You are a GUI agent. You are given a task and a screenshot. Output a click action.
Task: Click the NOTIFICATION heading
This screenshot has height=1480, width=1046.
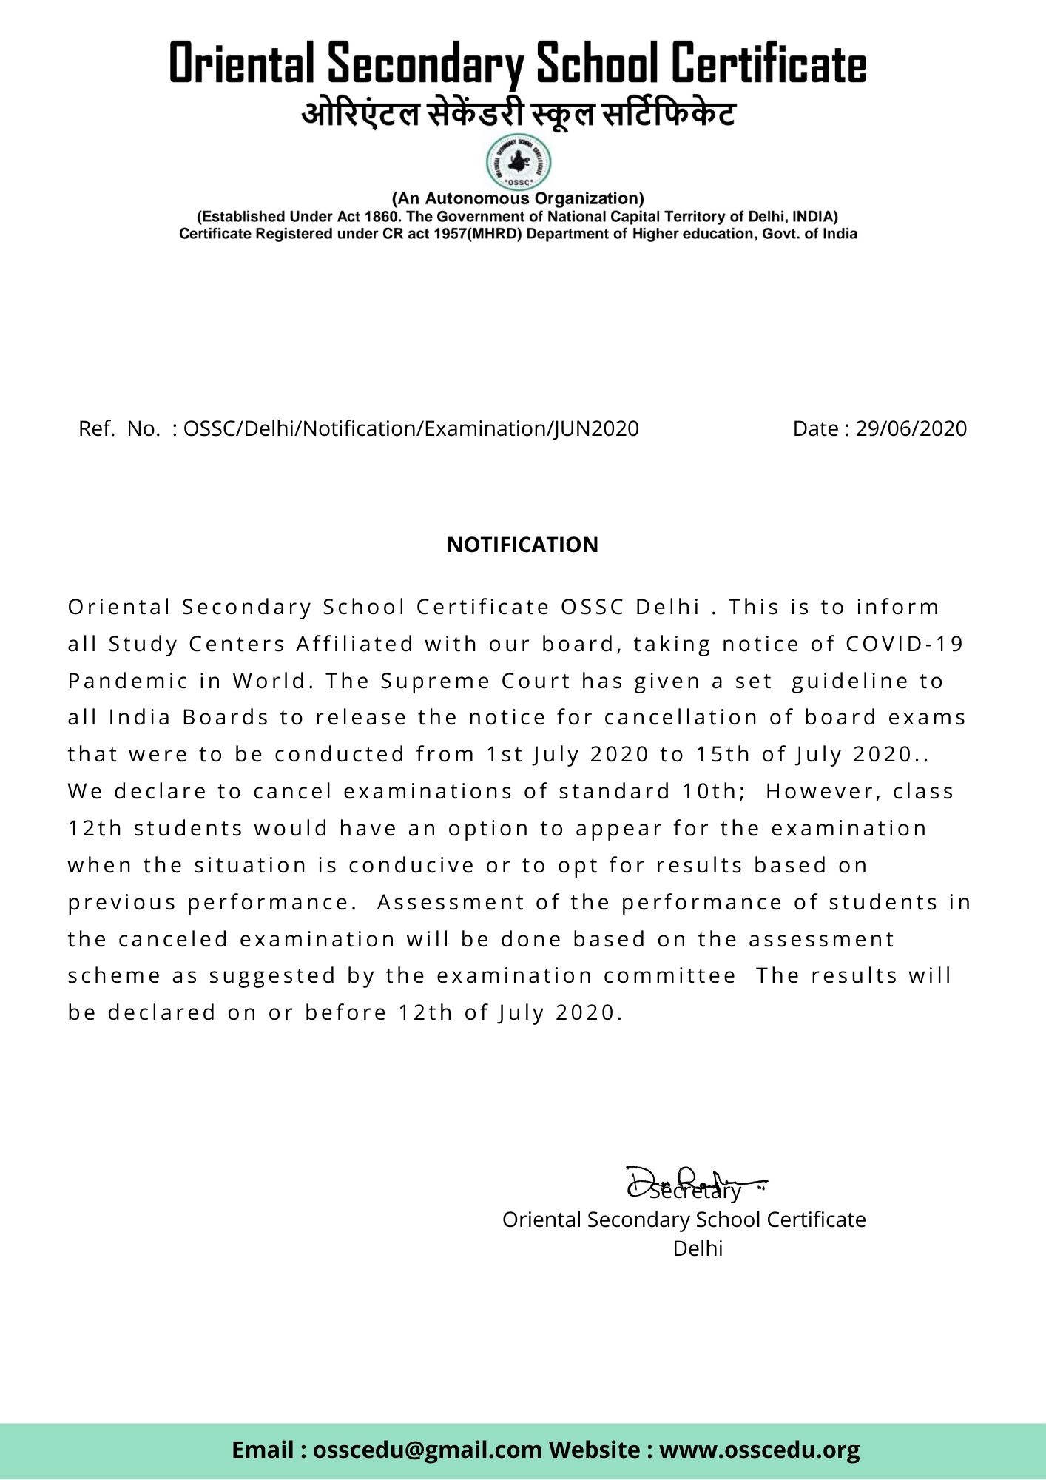pos(522,545)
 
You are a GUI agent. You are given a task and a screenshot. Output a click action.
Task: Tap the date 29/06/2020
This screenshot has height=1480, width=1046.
pos(911,428)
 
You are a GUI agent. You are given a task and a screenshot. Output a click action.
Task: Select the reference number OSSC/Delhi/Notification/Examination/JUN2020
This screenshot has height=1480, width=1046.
pos(411,428)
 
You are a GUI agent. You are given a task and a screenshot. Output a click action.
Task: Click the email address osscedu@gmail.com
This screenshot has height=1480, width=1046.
pos(428,1449)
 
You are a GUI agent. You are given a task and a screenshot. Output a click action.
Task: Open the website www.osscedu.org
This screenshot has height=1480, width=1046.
pos(759,1449)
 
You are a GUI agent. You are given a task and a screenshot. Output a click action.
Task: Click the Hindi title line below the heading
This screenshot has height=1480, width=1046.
pos(518,115)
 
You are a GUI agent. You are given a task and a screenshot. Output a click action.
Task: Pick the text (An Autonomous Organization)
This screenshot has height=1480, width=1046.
pos(518,198)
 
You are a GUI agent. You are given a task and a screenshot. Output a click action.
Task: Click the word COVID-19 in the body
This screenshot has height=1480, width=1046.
pos(905,644)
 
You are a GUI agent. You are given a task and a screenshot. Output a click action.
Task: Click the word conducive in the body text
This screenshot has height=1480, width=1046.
pos(411,865)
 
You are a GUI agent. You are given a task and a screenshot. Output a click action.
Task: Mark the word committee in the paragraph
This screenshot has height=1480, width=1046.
pos(669,975)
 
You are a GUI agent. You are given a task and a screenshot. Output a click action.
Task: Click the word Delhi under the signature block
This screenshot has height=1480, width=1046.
pos(698,1248)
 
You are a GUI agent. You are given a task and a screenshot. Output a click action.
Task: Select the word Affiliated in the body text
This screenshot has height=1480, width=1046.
pos(355,644)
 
